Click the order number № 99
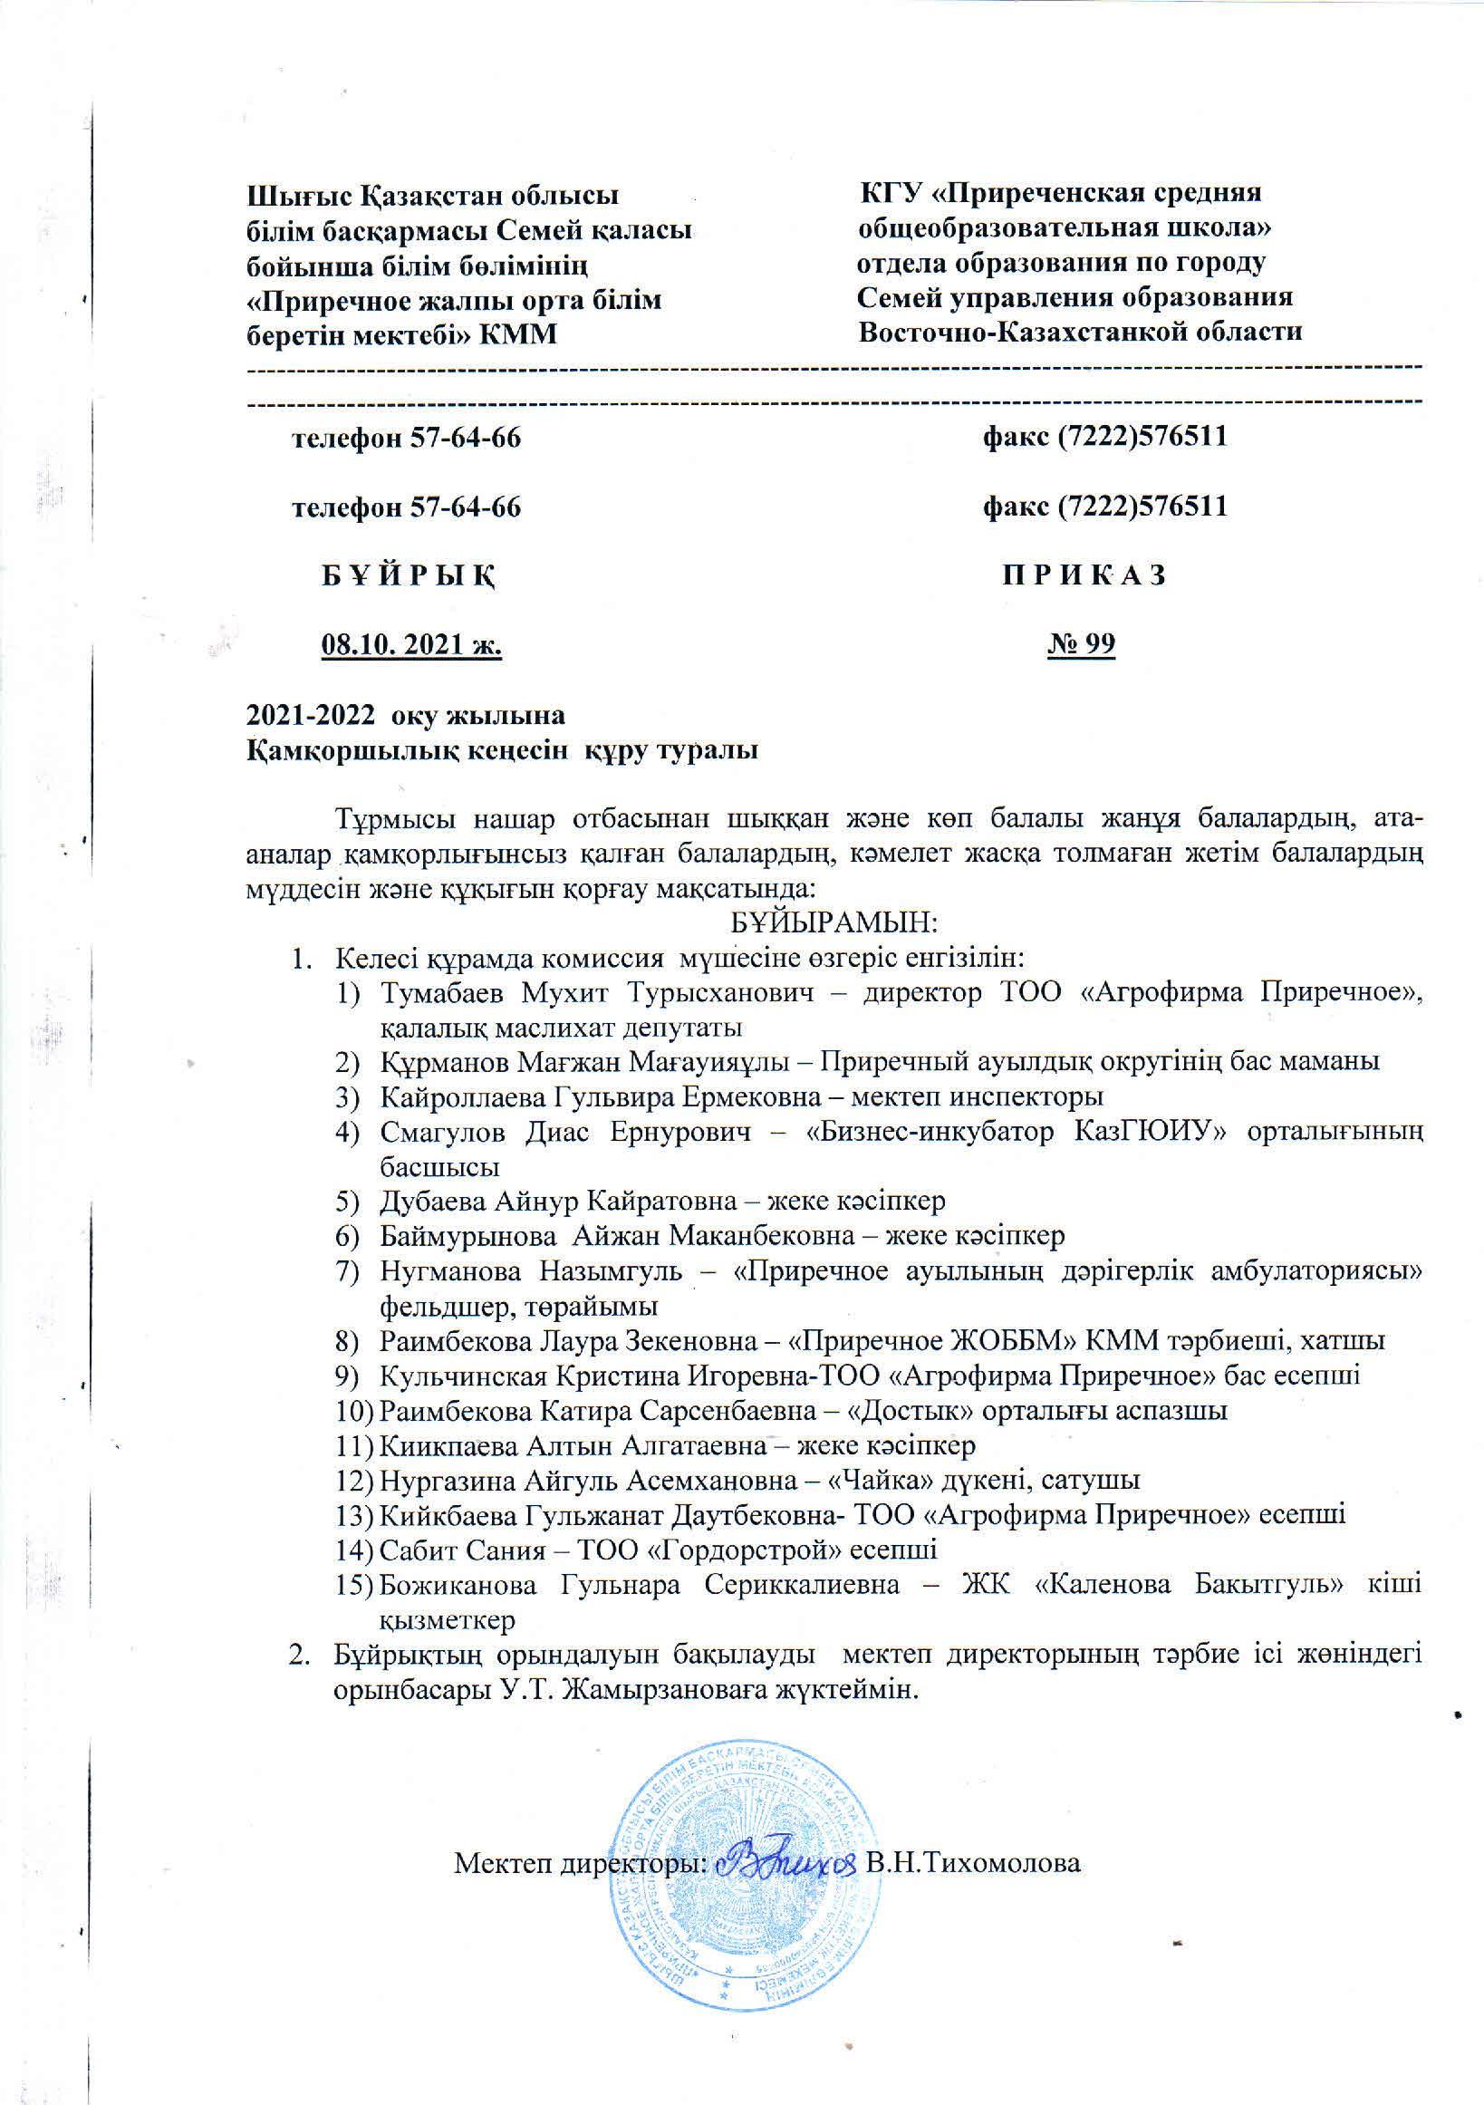point(1081,644)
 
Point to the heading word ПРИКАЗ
point(1084,575)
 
